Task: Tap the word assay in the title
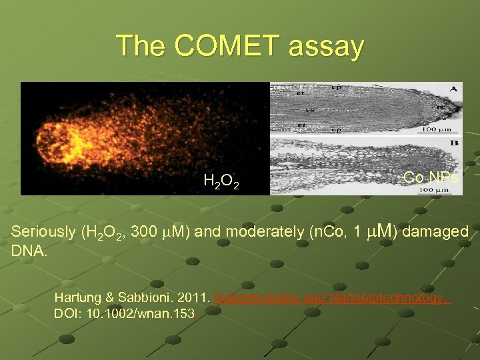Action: (x=327, y=46)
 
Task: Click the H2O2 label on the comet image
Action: (x=222, y=180)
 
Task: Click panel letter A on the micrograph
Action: (x=453, y=89)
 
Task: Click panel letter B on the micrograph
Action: (x=453, y=142)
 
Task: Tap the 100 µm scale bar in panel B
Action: (x=433, y=190)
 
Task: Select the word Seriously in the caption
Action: (x=43, y=232)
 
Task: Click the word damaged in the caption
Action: (x=437, y=232)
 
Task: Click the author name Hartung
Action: (x=78, y=297)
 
